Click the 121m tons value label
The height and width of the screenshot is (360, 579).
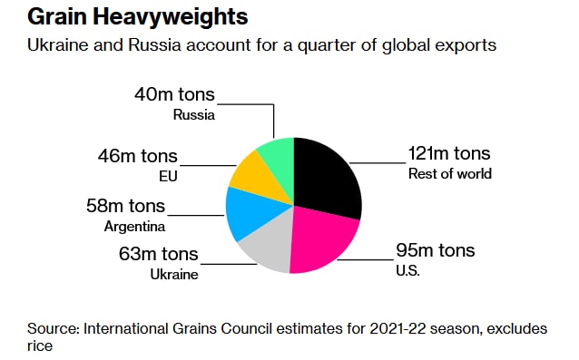[449, 153]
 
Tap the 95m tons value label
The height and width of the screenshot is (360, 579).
[436, 250]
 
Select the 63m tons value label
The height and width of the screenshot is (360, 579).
[159, 254]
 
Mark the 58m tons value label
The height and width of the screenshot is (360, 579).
[125, 206]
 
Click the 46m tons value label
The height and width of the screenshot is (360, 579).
[137, 156]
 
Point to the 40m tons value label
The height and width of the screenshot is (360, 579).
[174, 94]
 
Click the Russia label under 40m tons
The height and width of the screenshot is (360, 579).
[194, 115]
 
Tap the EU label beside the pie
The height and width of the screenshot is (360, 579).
[169, 176]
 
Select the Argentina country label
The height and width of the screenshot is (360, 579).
[135, 227]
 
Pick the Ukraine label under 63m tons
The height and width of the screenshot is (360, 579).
[174, 275]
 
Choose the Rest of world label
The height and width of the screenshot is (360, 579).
[450, 174]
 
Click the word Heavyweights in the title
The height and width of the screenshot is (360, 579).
[171, 17]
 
